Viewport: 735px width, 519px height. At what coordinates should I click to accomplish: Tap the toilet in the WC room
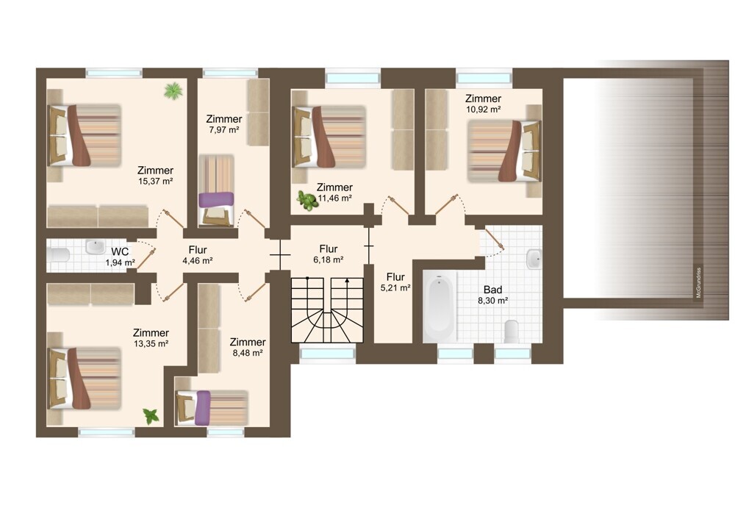point(59,256)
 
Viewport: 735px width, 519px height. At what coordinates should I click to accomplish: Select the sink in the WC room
point(95,246)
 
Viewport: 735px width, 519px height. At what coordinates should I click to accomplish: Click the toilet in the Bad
point(512,331)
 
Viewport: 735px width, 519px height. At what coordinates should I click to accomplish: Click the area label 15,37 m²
point(156,182)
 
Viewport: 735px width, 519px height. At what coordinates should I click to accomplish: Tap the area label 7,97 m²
point(224,130)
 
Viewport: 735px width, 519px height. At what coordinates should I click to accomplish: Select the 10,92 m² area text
point(484,110)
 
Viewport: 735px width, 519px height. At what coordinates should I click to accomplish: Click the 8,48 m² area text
point(248,353)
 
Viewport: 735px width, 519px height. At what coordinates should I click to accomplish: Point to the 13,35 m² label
point(151,343)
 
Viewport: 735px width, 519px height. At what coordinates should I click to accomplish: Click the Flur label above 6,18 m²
point(329,248)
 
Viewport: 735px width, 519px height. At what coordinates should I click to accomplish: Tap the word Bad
point(492,290)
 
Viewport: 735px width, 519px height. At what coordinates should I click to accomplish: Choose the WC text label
point(120,251)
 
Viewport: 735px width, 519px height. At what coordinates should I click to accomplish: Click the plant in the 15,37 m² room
point(173,90)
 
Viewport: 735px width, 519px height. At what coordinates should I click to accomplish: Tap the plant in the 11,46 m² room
point(307,201)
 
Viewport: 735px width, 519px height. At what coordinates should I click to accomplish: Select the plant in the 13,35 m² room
point(151,416)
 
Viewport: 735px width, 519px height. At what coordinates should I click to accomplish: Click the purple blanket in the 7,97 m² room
point(216,199)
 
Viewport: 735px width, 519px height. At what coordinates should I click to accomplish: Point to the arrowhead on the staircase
point(347,280)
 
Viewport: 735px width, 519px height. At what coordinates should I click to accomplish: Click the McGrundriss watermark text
point(698,283)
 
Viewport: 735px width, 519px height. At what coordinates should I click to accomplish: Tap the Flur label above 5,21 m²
point(395,276)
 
